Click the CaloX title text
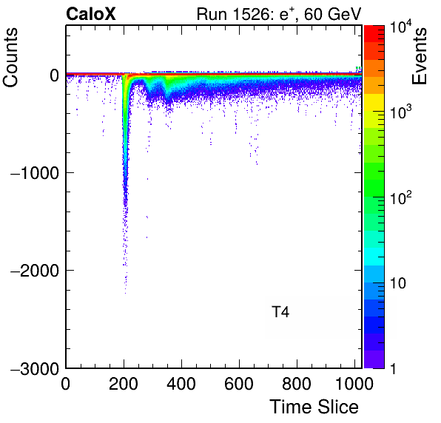90,14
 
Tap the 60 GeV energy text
332,14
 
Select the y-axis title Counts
10,58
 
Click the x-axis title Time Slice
314,407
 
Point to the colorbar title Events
419,56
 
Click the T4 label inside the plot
280,312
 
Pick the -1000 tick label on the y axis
35,173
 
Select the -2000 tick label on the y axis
35,271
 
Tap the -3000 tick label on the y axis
35,368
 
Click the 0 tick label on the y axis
54,75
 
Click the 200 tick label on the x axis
124,384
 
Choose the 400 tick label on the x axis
181,384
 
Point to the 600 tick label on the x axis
239,384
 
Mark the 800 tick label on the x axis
297,384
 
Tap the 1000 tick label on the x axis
354,384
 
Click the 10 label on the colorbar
398,283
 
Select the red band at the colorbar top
374,34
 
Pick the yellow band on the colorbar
374,102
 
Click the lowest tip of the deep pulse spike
125,294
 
